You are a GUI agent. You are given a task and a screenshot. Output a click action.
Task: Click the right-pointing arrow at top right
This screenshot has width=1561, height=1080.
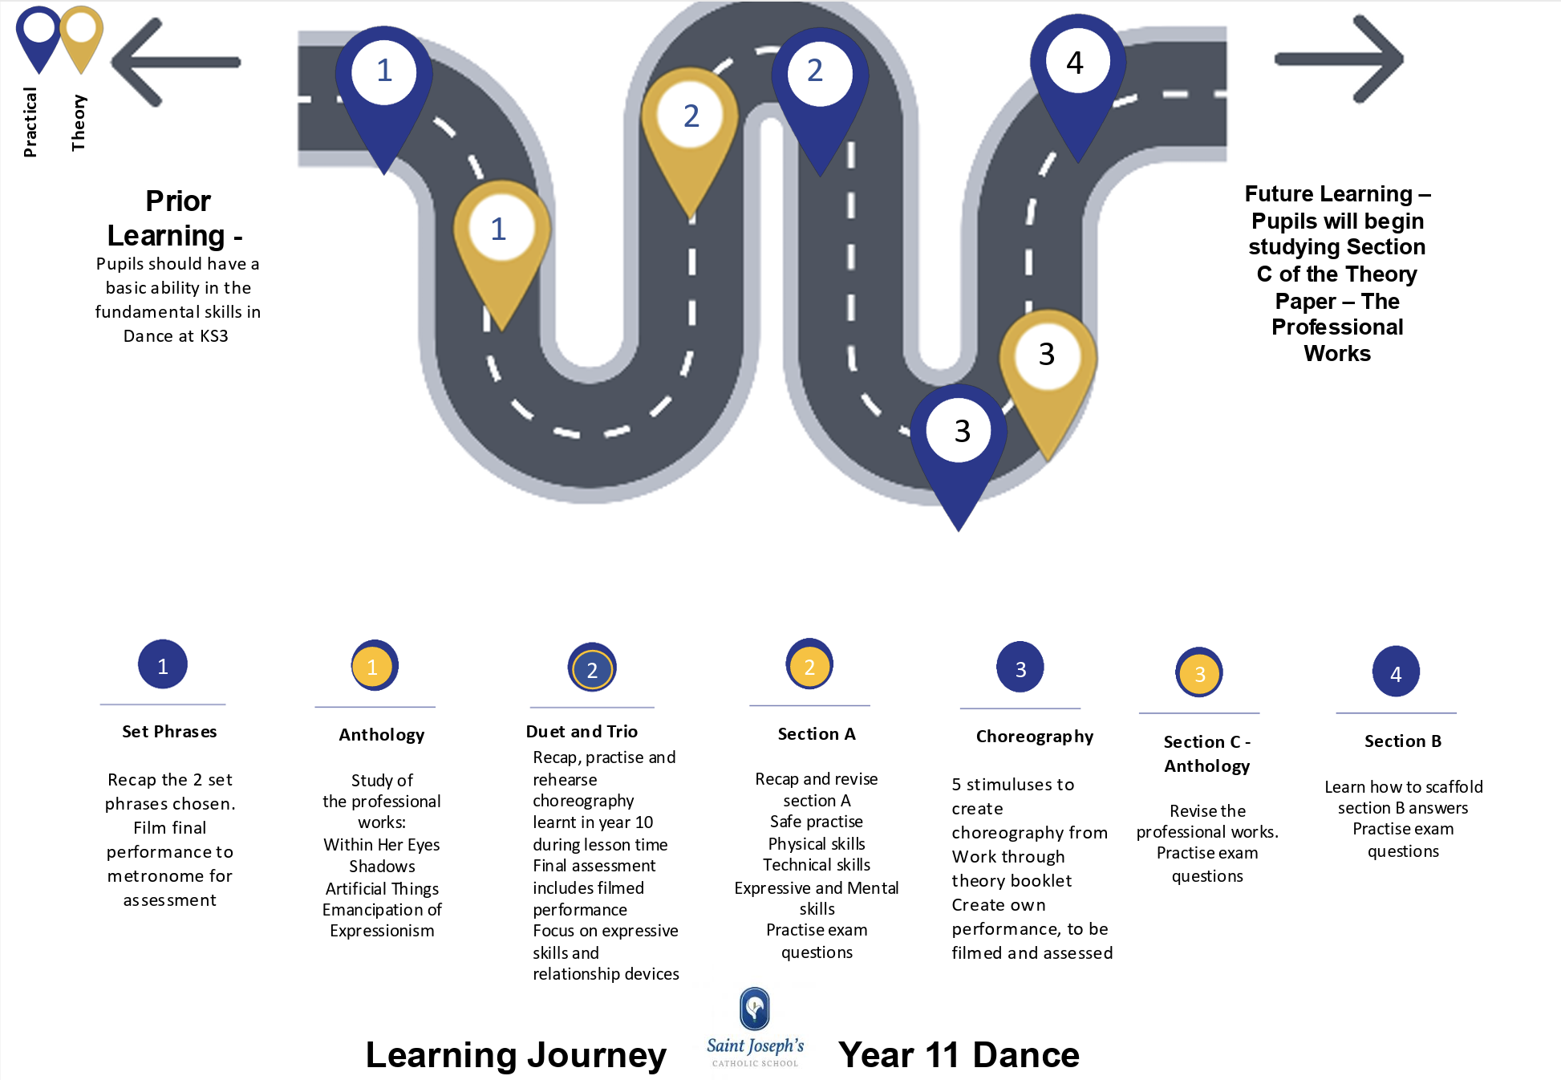click(x=1339, y=59)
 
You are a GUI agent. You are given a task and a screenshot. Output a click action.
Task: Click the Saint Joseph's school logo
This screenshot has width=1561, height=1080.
click(x=755, y=1028)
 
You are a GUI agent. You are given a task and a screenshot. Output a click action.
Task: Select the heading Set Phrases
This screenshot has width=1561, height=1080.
click(x=169, y=732)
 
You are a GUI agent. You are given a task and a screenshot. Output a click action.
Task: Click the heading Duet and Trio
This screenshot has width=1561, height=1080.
click(x=582, y=732)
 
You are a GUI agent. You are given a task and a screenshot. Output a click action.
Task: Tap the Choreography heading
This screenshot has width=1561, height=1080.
click(x=1034, y=737)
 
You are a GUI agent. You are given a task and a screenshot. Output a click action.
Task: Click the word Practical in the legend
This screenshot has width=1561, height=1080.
click(x=30, y=122)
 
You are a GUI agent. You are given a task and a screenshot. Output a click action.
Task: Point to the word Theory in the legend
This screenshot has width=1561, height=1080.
click(x=78, y=123)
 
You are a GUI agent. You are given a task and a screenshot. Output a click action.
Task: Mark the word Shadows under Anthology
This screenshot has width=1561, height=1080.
click(x=382, y=867)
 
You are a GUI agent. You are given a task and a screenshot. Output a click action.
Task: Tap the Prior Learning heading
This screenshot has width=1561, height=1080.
click(x=177, y=218)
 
